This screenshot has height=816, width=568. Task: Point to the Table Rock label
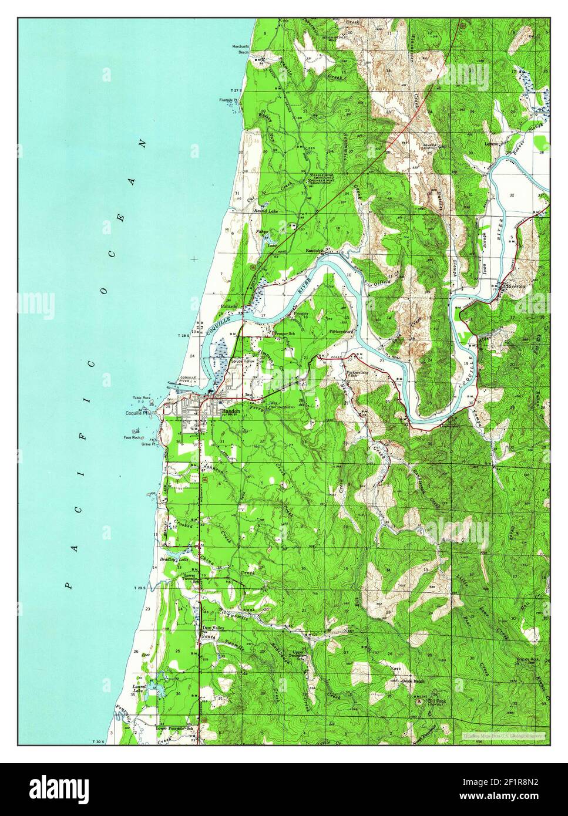pos(142,397)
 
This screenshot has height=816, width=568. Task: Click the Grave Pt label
pos(147,444)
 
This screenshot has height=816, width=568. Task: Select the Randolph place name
pos(315,251)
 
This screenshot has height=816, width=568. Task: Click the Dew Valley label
pos(214,628)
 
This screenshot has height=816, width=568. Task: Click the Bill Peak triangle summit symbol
pos(419,700)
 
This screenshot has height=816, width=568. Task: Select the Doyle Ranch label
pos(413,681)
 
